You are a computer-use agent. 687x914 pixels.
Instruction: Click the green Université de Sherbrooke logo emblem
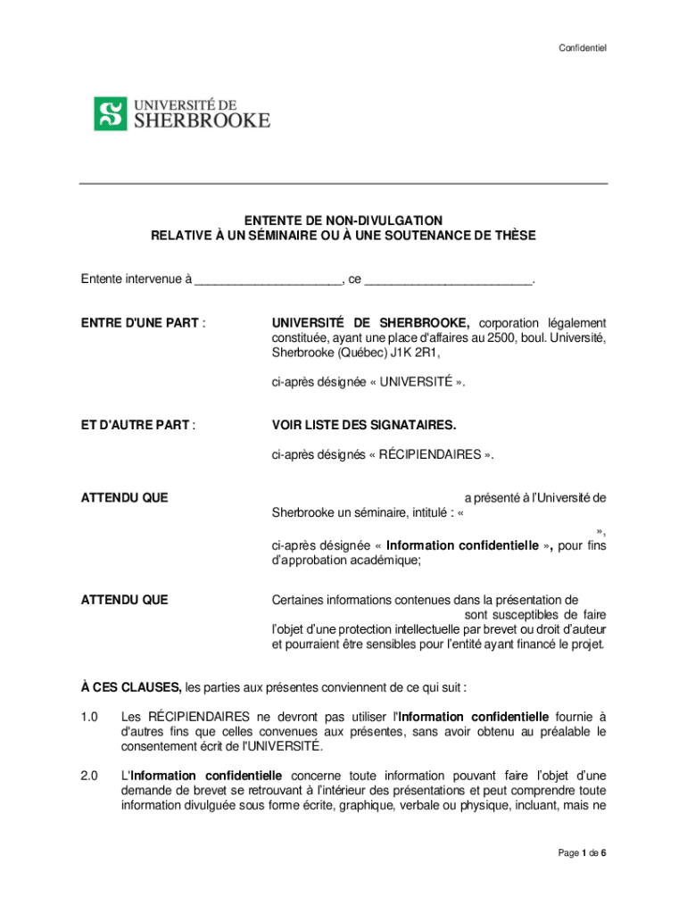point(111,113)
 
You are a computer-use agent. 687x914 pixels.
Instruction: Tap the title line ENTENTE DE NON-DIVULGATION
point(343,220)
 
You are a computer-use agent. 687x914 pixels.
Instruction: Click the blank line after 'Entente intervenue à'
point(268,279)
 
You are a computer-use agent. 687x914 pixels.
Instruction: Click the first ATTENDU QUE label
point(124,497)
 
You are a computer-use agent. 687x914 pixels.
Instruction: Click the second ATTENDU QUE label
point(124,600)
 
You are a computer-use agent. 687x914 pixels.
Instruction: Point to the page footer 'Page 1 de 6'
point(583,853)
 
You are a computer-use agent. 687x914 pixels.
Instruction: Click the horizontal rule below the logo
point(343,184)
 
